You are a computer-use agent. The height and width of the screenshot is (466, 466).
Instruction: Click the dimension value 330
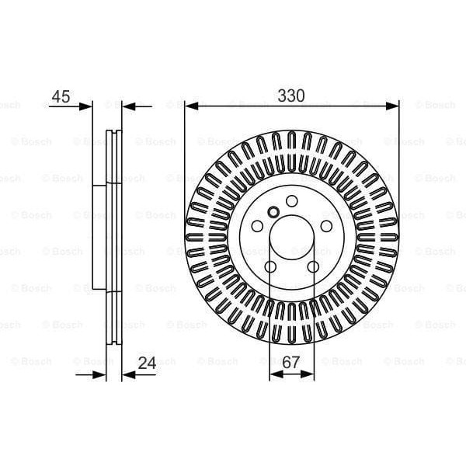(291, 96)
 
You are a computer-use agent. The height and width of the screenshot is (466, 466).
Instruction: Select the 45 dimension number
(61, 97)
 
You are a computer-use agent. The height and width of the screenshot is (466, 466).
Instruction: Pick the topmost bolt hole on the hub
(291, 202)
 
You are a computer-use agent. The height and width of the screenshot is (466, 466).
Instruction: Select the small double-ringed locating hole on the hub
(273, 212)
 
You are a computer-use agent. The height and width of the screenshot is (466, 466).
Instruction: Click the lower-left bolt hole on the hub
(270, 268)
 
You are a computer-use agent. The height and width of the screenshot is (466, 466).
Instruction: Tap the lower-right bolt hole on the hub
(313, 268)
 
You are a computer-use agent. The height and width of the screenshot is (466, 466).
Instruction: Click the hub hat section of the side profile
(99, 237)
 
